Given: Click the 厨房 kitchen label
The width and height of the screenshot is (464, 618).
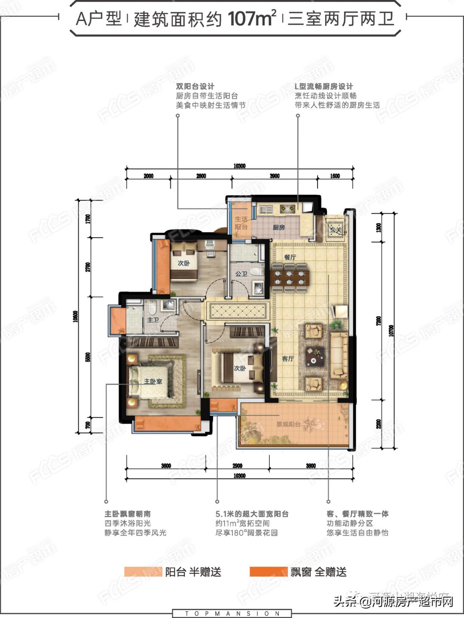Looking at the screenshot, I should (279, 227).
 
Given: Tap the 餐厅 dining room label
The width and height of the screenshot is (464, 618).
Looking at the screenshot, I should (290, 257).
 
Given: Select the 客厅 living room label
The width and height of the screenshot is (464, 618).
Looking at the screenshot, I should (288, 359).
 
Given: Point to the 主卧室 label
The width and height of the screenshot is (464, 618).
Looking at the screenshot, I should (153, 381).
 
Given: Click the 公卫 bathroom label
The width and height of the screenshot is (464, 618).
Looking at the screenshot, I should (241, 274).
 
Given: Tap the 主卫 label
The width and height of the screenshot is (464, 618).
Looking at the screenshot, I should (153, 320).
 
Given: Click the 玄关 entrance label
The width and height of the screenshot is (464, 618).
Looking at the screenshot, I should (335, 230).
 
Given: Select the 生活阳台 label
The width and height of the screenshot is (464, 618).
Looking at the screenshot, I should (241, 223).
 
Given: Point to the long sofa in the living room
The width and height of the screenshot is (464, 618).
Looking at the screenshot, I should (339, 355).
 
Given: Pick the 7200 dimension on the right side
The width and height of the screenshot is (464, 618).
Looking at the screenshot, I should (378, 321).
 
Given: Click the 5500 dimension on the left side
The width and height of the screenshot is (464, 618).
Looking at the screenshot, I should (88, 357).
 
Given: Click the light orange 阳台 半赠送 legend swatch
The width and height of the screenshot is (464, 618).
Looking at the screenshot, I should (143, 572).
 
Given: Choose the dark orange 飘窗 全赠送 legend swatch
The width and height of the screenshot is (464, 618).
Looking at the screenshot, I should (268, 572).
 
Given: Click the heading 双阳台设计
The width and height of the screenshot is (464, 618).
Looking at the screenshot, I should (195, 86).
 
